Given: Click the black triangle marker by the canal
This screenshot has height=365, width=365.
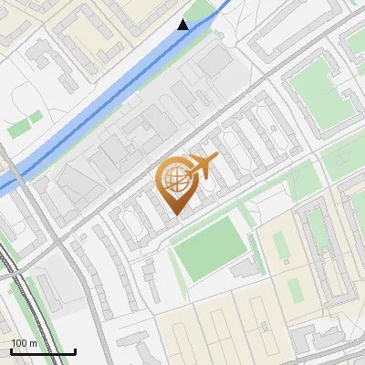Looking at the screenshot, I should (183, 25).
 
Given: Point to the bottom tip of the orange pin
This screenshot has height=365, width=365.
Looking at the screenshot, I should (176, 215).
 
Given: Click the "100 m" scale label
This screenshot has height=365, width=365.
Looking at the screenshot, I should (24, 343).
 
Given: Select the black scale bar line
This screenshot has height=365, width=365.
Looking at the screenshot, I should (43, 351).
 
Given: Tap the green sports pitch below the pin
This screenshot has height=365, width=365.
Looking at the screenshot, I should (209, 245).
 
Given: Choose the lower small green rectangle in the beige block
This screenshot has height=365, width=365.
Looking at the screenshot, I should (296, 290).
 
